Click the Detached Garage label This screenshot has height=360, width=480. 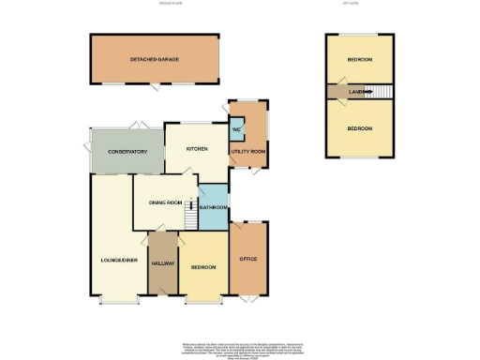(155, 59)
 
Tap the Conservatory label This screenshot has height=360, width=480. (128, 151)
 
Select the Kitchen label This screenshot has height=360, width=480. (196, 149)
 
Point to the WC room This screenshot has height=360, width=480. (236, 129)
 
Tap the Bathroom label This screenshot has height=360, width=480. (214, 207)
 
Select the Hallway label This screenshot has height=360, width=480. (163, 263)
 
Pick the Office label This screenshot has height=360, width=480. (248, 258)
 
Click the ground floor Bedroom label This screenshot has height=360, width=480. (203, 267)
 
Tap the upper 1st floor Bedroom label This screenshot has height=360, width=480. (360, 60)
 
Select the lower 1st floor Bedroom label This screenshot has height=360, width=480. (360, 127)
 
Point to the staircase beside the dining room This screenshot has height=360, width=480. (189, 216)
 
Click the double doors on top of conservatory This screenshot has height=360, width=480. (137, 126)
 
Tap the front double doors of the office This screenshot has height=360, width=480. (248, 302)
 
